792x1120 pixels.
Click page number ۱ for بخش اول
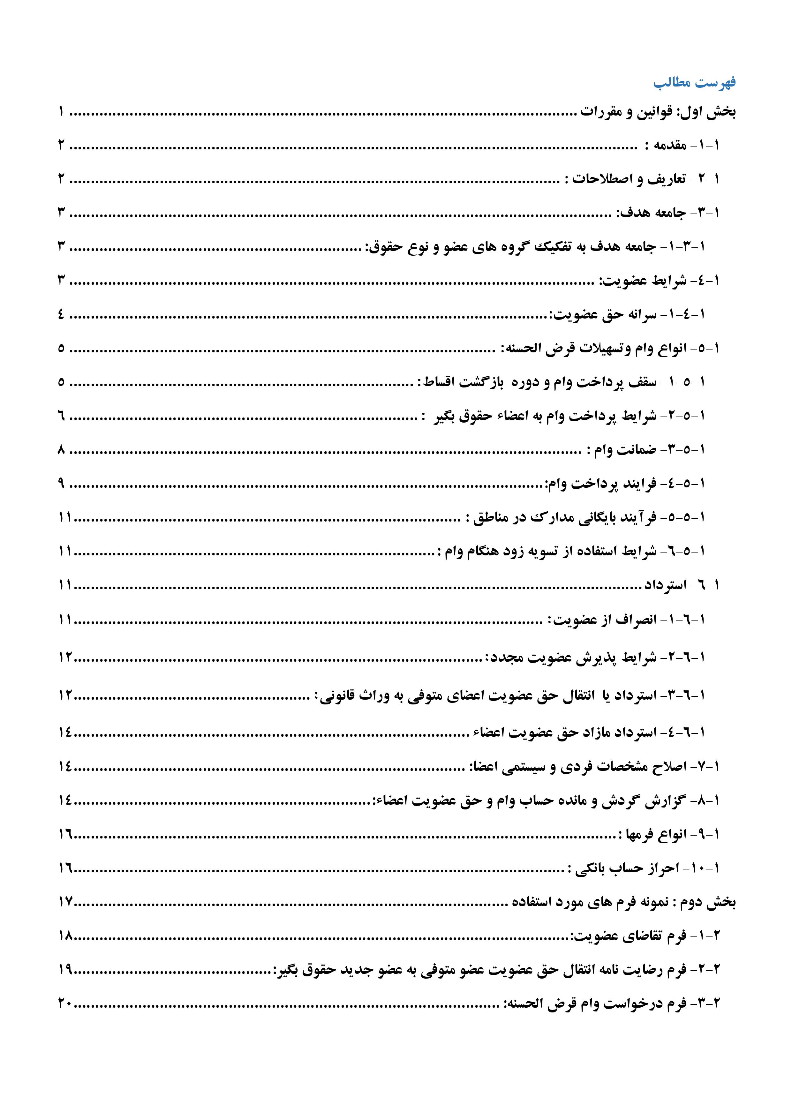(62, 113)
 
